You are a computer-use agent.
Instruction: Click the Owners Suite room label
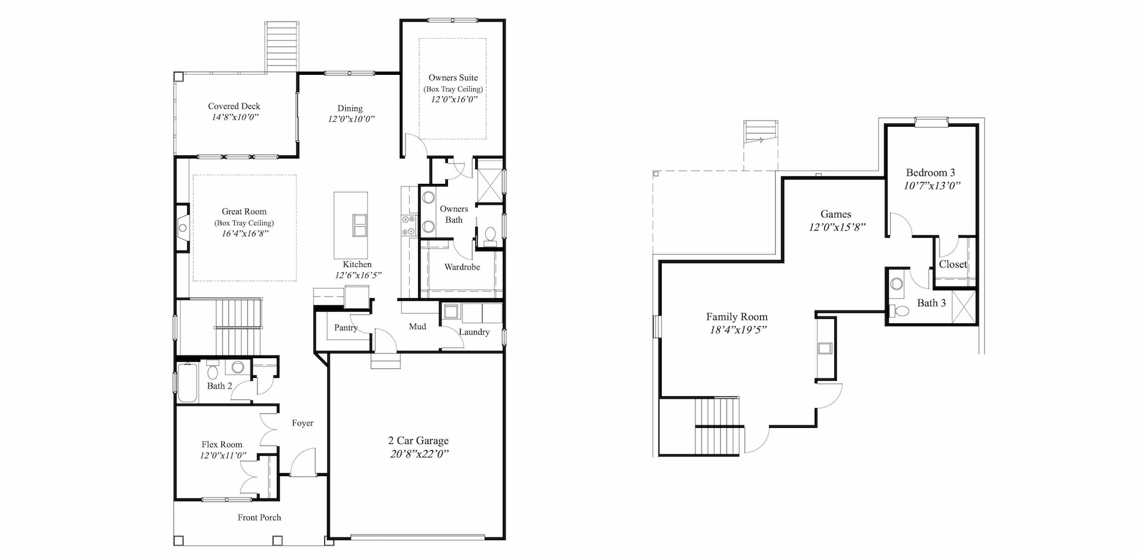(453, 78)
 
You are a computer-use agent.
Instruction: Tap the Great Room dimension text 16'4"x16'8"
(244, 234)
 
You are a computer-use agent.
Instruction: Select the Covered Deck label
(234, 107)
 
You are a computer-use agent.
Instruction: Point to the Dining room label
(350, 108)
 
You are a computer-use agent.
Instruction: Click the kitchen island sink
(359, 225)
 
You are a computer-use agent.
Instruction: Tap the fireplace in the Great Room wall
(182, 228)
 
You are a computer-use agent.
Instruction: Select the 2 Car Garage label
(419, 441)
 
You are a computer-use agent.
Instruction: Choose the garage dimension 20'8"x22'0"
(419, 454)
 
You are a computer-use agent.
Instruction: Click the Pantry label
(346, 328)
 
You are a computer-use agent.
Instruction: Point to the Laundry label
(474, 332)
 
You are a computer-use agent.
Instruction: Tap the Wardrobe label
(462, 267)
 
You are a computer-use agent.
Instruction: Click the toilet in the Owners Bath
(489, 236)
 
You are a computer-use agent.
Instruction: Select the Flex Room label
(222, 444)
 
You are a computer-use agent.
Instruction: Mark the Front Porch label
(259, 517)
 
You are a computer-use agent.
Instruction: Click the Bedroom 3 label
(930, 172)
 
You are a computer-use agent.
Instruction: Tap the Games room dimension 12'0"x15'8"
(837, 228)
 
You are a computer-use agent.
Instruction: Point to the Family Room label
(737, 317)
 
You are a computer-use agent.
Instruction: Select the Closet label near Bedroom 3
(953, 264)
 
